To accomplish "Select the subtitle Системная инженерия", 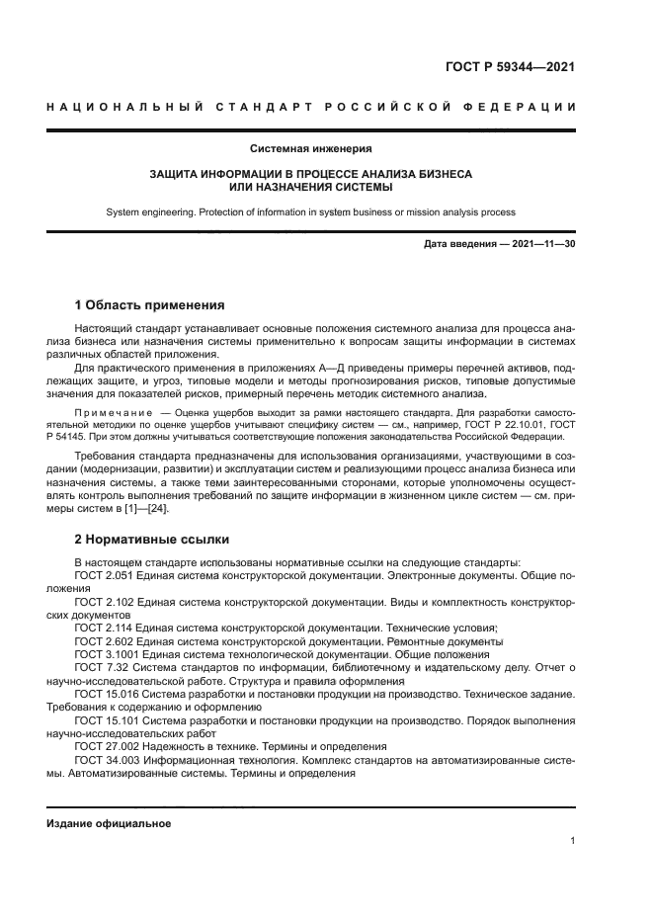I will [x=310, y=149].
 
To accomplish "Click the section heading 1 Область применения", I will [x=149, y=305].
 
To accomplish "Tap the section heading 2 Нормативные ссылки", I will [x=152, y=540].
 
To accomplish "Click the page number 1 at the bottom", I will [x=573, y=841].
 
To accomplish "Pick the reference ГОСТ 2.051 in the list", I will [x=104, y=573].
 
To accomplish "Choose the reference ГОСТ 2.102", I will [x=104, y=601].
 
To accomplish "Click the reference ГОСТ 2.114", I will [x=104, y=628].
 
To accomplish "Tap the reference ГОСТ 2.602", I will [x=104, y=641].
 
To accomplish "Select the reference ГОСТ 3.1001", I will [x=107, y=654].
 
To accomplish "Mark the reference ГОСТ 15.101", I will [x=107, y=721].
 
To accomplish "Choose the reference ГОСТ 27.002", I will [x=107, y=748].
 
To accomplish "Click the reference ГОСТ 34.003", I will [x=107, y=761].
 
